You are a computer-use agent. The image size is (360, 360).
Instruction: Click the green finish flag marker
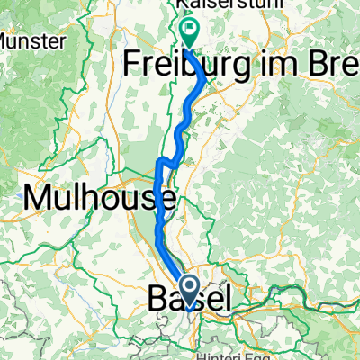191,32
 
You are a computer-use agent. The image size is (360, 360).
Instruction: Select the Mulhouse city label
101,194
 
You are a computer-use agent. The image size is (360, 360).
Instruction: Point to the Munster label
32,41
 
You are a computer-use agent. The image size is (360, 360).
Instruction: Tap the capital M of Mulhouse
41,194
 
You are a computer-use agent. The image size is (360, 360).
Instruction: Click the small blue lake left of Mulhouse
20,192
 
